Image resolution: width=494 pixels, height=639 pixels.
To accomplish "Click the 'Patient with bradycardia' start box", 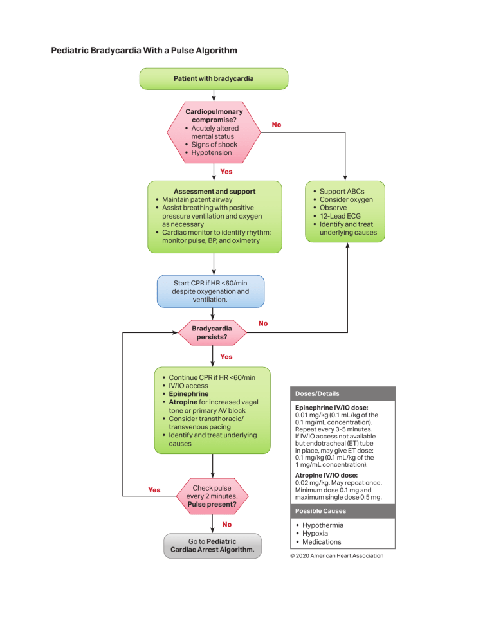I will click(214, 78).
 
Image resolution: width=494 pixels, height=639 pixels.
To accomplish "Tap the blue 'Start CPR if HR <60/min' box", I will click(210, 291).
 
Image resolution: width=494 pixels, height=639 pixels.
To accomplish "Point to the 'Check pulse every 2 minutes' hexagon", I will click(212, 496).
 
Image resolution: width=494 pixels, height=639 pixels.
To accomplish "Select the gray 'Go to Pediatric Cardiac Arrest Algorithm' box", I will click(212, 546).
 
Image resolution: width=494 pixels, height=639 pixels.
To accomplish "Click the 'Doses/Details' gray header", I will click(318, 393).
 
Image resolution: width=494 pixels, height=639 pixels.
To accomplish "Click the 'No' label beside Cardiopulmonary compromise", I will click(276, 125).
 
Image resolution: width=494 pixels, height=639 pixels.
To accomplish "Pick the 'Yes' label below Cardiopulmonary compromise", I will click(226, 172).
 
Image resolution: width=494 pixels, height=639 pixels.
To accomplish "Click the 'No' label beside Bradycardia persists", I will click(262, 323).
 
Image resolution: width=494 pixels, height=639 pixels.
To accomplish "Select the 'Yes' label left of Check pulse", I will click(154, 490).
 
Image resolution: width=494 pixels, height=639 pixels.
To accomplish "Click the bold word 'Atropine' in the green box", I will click(183, 402).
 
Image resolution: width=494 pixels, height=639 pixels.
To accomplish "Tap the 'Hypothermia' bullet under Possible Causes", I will click(323, 525).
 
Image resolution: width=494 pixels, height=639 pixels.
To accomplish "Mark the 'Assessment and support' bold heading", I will click(214, 191).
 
